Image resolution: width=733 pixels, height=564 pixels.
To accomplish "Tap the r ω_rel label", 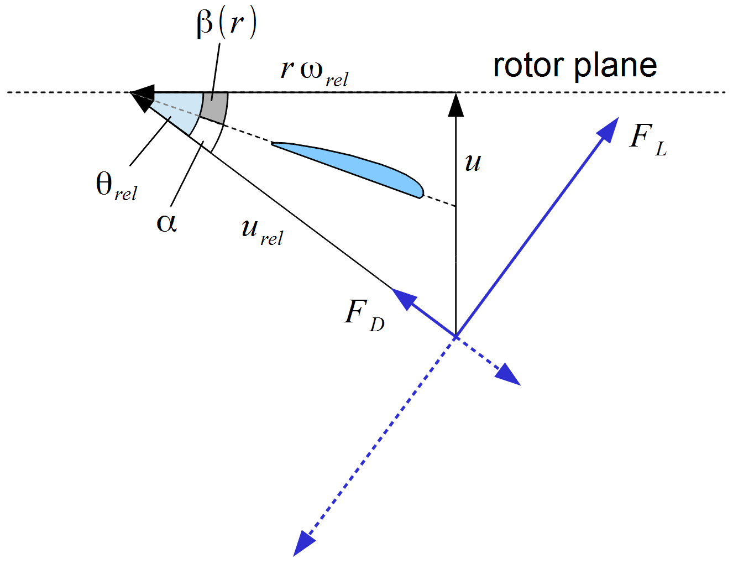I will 313,72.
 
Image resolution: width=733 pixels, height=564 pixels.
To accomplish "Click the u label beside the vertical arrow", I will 473,163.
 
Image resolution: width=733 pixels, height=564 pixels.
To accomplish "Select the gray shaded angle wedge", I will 214,107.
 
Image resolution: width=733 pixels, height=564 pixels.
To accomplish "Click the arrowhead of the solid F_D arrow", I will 403,299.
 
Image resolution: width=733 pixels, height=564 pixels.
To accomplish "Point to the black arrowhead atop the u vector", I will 456,104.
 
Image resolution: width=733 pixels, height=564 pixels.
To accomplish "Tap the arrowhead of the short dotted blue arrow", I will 509,375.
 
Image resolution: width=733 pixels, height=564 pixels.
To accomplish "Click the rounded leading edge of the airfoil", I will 420,190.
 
